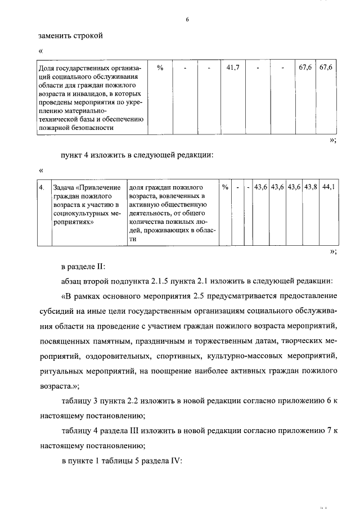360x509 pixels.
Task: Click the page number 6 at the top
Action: click(187, 21)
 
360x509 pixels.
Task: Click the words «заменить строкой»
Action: click(71, 36)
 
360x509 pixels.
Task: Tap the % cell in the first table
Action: click(160, 67)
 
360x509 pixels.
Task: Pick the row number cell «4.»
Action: click(42, 187)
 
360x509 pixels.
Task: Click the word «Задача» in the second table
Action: click(64, 187)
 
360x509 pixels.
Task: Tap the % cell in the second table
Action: click(224, 187)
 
